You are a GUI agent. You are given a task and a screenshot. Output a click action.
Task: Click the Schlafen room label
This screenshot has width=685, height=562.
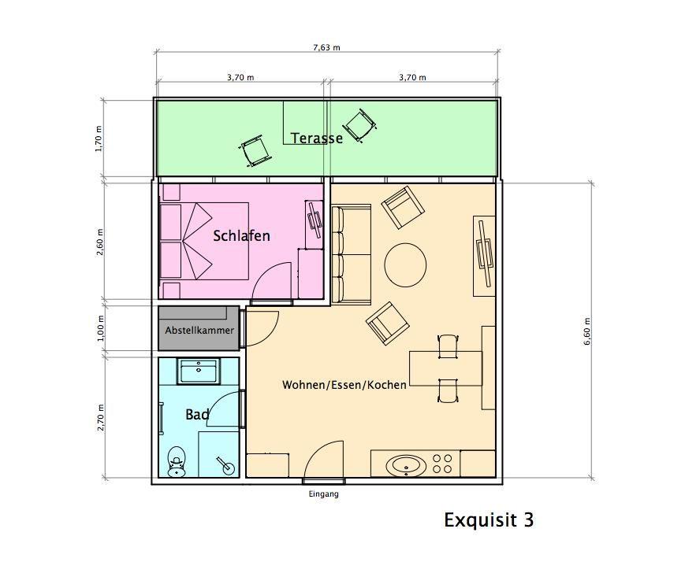coord(241,236)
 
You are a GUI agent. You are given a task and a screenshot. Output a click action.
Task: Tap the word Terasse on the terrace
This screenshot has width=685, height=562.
coord(317,139)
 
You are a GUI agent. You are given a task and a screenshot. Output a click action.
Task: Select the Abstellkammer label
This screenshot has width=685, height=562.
coord(199,331)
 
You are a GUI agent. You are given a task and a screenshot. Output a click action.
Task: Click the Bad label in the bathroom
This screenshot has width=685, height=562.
coord(197,415)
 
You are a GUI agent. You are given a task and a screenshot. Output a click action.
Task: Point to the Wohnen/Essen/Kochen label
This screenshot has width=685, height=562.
coord(344,385)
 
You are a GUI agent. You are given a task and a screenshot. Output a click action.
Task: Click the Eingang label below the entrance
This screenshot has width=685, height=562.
coord(324,494)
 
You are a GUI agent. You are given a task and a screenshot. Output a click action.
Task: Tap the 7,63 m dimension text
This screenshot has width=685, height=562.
coord(326,47)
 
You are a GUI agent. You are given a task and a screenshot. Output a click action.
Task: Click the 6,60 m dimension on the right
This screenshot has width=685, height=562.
coord(586,331)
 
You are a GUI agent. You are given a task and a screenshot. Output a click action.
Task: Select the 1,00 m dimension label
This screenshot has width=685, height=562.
coord(101,328)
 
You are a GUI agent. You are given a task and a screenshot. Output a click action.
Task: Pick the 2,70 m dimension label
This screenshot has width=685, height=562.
coord(101,418)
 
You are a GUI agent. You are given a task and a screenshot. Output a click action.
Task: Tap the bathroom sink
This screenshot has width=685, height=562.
coord(199,372)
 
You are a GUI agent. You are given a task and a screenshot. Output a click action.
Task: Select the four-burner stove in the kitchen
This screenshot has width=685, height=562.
coord(441,464)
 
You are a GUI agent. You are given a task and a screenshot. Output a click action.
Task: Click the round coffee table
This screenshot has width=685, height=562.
coord(405,264)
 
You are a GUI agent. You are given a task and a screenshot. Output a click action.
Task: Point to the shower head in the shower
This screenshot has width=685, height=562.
coord(225,466)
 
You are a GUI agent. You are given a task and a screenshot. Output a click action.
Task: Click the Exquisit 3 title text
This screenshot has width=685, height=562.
coord(489,519)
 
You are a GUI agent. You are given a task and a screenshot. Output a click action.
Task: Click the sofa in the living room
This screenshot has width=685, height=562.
coord(351,254)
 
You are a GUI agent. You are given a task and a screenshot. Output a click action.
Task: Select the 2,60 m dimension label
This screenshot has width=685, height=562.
coord(100,242)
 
